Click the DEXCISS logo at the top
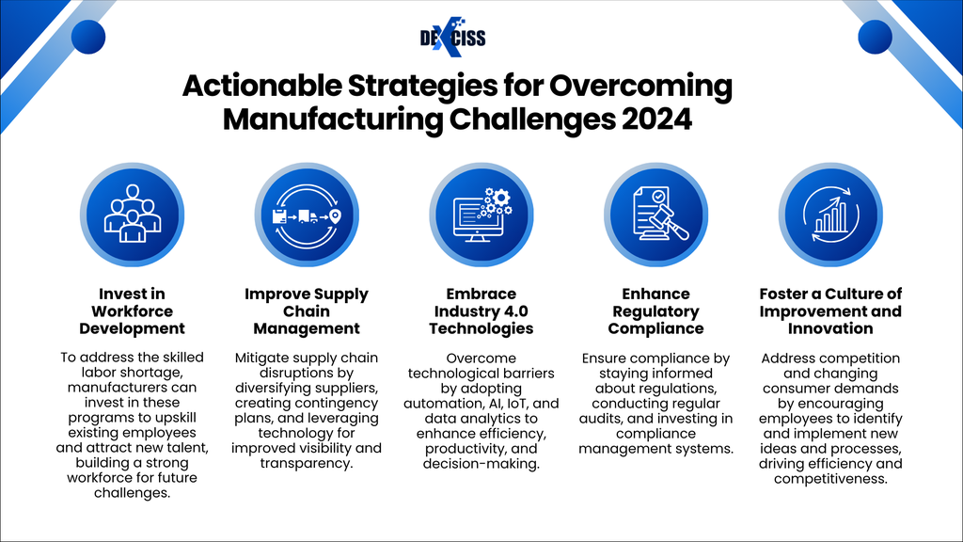[452, 38]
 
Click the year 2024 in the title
[656, 120]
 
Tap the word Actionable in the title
[262, 86]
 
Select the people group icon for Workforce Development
[132, 215]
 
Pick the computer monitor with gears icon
[481, 215]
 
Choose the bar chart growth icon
[830, 215]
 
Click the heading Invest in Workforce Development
[132, 311]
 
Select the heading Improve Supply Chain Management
[307, 311]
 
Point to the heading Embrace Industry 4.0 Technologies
[481, 311]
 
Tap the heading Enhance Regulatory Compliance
[655, 311]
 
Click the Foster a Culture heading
[830, 311]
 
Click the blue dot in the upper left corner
[88, 37]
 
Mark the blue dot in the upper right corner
[875, 37]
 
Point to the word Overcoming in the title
[640, 86]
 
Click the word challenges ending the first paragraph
[132, 493]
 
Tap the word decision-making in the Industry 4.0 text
[481, 464]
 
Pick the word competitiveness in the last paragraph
[830, 479]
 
